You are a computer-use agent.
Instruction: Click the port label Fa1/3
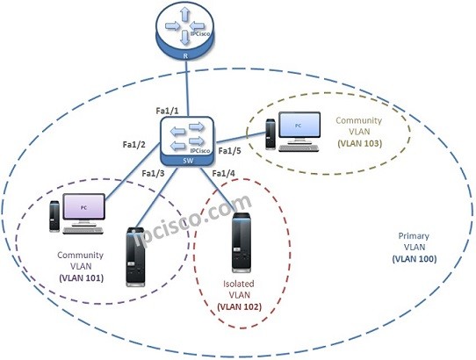155,173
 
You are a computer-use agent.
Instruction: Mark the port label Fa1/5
229,151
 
